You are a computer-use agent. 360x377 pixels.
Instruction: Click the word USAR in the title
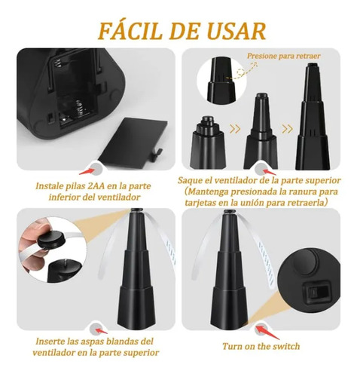237,31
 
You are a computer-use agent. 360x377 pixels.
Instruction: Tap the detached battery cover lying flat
133,142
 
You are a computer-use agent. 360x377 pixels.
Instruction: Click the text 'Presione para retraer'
284,56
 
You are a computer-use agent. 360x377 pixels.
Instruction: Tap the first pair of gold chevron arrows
235,129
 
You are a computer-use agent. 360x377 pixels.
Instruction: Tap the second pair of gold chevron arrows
287,129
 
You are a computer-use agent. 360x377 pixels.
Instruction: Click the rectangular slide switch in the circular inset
316,293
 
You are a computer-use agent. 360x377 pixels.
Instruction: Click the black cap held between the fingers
51,239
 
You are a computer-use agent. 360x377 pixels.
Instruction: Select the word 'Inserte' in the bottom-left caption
50,342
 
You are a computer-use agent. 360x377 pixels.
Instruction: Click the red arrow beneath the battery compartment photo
87,171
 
